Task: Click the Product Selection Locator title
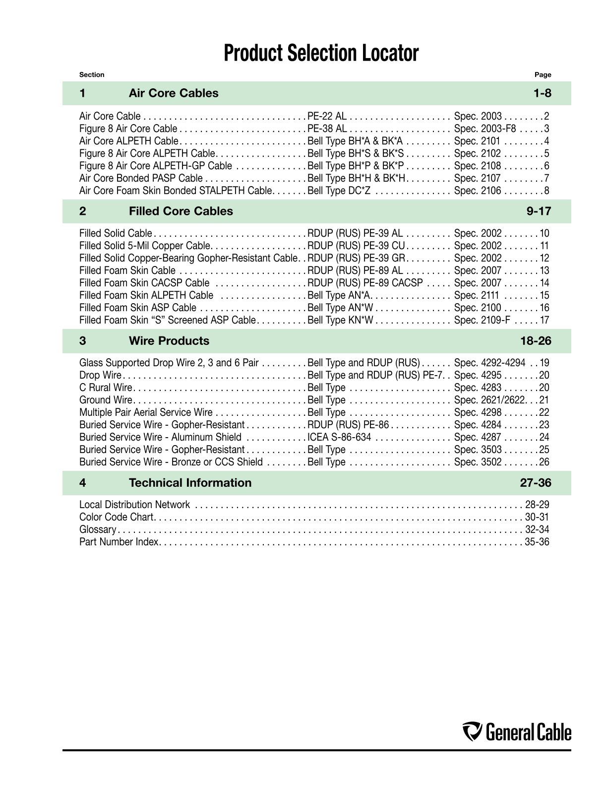pos(321,53)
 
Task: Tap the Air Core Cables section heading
pos(173,93)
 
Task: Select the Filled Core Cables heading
pos(181,211)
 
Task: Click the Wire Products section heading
pos(169,341)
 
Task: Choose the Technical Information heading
pos(190,483)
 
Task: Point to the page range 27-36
pos(536,483)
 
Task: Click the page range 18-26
pos(536,341)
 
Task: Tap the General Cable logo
pos(517,732)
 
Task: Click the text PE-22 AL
pos(327,117)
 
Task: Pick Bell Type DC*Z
pos(339,191)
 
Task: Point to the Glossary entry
pos(98,529)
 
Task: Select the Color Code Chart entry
pos(117,517)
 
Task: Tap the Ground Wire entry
pos(106,400)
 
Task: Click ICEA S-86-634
pos(339,437)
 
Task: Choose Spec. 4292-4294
pos(489,363)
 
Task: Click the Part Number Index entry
pos(119,542)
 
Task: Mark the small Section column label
pos(92,75)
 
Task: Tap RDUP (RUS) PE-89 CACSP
pos(365,283)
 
